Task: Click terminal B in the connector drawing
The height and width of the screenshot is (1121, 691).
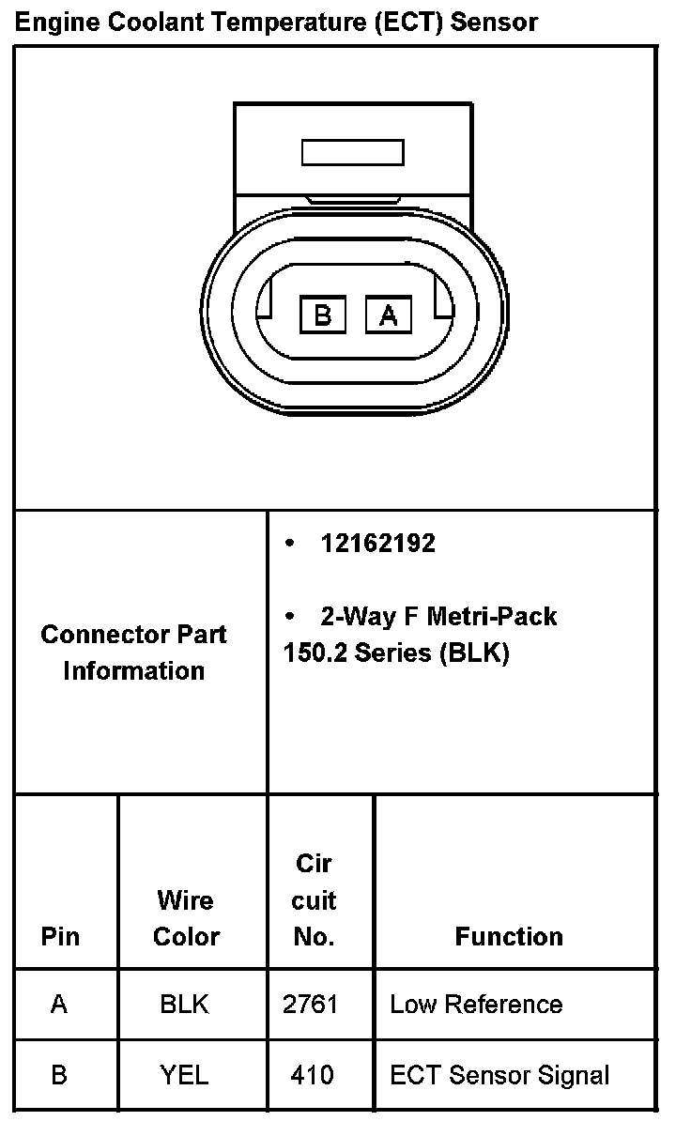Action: (x=323, y=315)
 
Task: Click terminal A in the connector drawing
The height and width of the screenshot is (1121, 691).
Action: (x=388, y=315)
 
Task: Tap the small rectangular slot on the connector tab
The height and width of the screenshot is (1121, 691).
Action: (x=352, y=152)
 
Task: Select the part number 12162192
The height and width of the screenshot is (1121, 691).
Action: (x=377, y=544)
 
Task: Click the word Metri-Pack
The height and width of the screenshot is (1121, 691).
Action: (x=492, y=617)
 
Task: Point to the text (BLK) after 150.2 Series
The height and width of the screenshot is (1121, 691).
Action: (x=473, y=653)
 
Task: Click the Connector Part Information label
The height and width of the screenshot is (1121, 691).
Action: (x=133, y=653)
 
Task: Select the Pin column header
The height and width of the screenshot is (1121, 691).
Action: (x=60, y=936)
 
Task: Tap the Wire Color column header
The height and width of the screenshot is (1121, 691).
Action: (x=186, y=918)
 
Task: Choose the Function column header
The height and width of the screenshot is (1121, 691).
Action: (x=509, y=936)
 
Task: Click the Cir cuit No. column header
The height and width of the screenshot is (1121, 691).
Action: (x=314, y=900)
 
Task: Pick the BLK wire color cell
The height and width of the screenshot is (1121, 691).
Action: (x=184, y=1005)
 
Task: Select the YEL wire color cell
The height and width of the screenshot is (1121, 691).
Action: (x=184, y=1075)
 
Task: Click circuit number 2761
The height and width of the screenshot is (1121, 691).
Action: (x=310, y=1005)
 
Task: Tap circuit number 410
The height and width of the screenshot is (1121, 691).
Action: (x=312, y=1075)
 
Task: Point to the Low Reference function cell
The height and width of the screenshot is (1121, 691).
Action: (x=476, y=1005)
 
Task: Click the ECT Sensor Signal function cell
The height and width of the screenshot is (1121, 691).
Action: (x=499, y=1075)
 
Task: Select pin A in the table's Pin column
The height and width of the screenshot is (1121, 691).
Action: (x=59, y=1005)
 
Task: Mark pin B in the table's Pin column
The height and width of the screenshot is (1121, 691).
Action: (x=59, y=1075)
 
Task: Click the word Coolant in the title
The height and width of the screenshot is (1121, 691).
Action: (x=156, y=21)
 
